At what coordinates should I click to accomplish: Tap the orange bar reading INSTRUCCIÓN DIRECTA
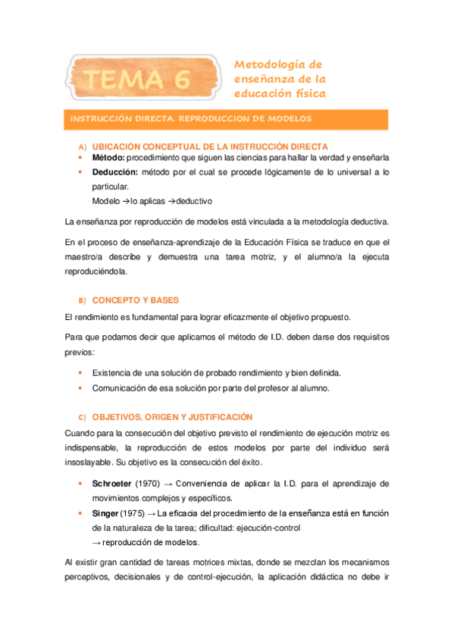pos(227,119)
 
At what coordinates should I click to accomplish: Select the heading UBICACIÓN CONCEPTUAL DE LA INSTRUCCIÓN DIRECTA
pos(210,146)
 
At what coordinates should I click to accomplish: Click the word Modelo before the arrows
pos(106,201)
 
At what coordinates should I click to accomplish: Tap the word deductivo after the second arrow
pos(194,201)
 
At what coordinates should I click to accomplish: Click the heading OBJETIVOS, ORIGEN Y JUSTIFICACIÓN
pos(172,417)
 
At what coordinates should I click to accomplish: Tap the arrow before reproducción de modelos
pos(96,542)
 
